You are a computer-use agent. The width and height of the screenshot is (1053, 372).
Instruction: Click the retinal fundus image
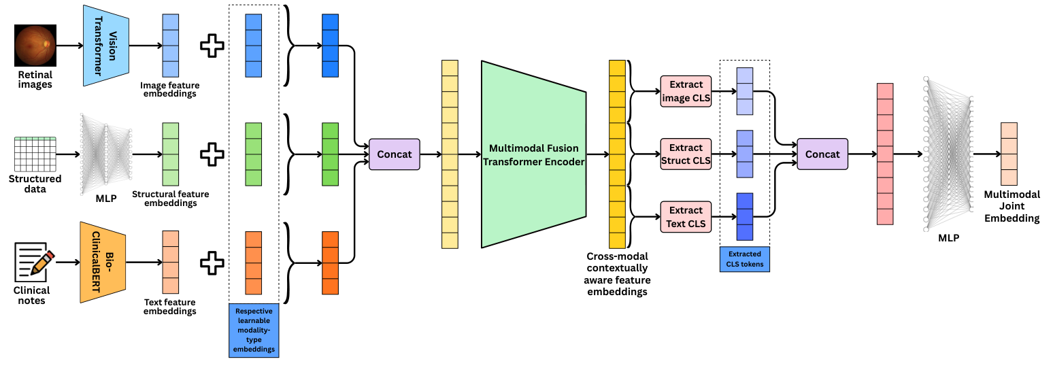34,46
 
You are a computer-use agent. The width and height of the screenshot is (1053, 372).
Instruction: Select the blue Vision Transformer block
105,46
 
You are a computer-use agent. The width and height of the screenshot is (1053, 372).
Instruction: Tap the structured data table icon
35,154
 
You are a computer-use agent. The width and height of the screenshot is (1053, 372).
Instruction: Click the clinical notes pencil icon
35,265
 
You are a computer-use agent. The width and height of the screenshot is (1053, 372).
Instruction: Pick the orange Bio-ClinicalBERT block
103,262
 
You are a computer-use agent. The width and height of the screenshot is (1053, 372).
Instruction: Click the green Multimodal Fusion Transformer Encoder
533,154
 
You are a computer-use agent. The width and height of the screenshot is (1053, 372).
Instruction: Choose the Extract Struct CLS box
685,154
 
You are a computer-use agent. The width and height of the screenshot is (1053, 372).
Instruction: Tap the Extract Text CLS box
685,217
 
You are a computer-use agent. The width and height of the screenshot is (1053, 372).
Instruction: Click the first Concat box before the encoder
395,154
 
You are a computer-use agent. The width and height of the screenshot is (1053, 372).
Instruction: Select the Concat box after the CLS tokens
822,154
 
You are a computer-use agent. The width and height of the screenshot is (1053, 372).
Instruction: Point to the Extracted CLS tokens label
745,260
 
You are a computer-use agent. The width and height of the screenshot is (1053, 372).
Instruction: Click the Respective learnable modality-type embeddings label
254,331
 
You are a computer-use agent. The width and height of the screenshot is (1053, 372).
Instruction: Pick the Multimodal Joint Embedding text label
1012,207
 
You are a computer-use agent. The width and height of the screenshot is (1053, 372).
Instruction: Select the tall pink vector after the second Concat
884,154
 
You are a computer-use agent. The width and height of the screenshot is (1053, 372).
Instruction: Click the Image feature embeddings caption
168,89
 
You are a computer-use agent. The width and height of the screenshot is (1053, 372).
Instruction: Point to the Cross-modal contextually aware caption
618,274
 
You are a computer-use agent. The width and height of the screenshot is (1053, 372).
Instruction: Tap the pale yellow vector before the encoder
450,154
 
